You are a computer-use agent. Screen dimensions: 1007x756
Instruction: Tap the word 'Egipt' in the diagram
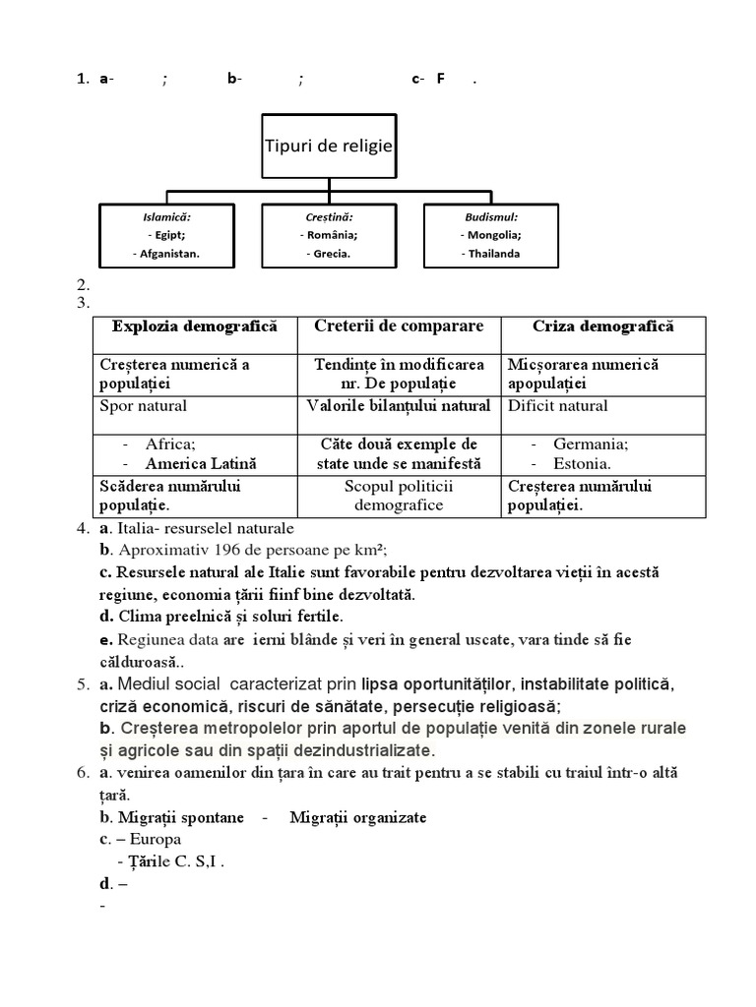[169, 234]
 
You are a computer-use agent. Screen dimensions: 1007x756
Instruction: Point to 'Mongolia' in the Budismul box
[491, 234]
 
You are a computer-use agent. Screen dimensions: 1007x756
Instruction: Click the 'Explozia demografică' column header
[195, 326]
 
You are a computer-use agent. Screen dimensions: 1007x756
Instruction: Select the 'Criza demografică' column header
[604, 326]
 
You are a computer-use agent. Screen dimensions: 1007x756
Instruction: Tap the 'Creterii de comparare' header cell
[399, 326]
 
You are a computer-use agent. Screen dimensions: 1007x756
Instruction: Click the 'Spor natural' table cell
[144, 405]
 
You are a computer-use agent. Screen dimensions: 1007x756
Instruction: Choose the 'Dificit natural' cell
[558, 405]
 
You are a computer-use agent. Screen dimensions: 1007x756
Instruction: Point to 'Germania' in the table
[591, 444]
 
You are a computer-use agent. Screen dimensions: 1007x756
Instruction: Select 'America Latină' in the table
[201, 463]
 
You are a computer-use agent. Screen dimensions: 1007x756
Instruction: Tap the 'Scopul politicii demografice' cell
[399, 496]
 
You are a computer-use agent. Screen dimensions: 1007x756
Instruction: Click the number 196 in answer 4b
[202, 549]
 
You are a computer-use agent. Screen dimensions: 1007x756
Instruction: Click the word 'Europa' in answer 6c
[156, 839]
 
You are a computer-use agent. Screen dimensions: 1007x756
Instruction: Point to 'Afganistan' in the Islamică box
[167, 253]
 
